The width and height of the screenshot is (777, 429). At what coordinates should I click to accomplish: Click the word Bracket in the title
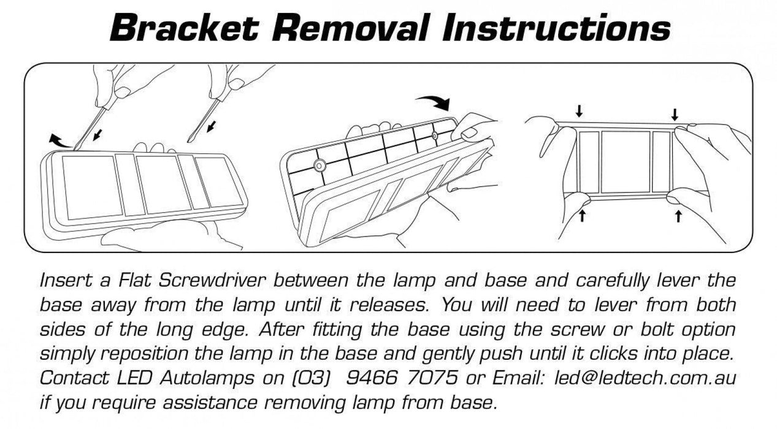[x=184, y=28]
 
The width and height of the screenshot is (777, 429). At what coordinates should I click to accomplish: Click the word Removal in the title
[x=351, y=28]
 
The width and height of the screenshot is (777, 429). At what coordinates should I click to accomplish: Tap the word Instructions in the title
[x=556, y=28]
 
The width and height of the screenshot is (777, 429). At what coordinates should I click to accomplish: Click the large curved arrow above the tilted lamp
[x=434, y=102]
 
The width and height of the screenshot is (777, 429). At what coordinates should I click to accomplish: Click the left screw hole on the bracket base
[x=318, y=165]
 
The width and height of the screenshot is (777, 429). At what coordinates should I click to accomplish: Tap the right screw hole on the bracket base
[x=435, y=135]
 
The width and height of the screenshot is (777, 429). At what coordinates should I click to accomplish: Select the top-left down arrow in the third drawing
[x=579, y=111]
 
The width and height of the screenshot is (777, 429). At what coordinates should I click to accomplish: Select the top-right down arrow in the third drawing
[x=675, y=115]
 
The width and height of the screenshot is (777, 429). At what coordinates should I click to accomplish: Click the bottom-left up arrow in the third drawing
[x=583, y=215]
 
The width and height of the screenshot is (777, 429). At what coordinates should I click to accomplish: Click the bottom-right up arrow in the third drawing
[x=678, y=216]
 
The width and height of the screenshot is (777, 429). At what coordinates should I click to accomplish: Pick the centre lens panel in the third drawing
[x=626, y=162]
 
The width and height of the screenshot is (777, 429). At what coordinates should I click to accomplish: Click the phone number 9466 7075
[x=402, y=378]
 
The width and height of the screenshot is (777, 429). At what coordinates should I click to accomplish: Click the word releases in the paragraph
[x=388, y=305]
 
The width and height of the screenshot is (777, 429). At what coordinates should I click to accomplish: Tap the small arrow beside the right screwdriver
[x=211, y=126]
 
